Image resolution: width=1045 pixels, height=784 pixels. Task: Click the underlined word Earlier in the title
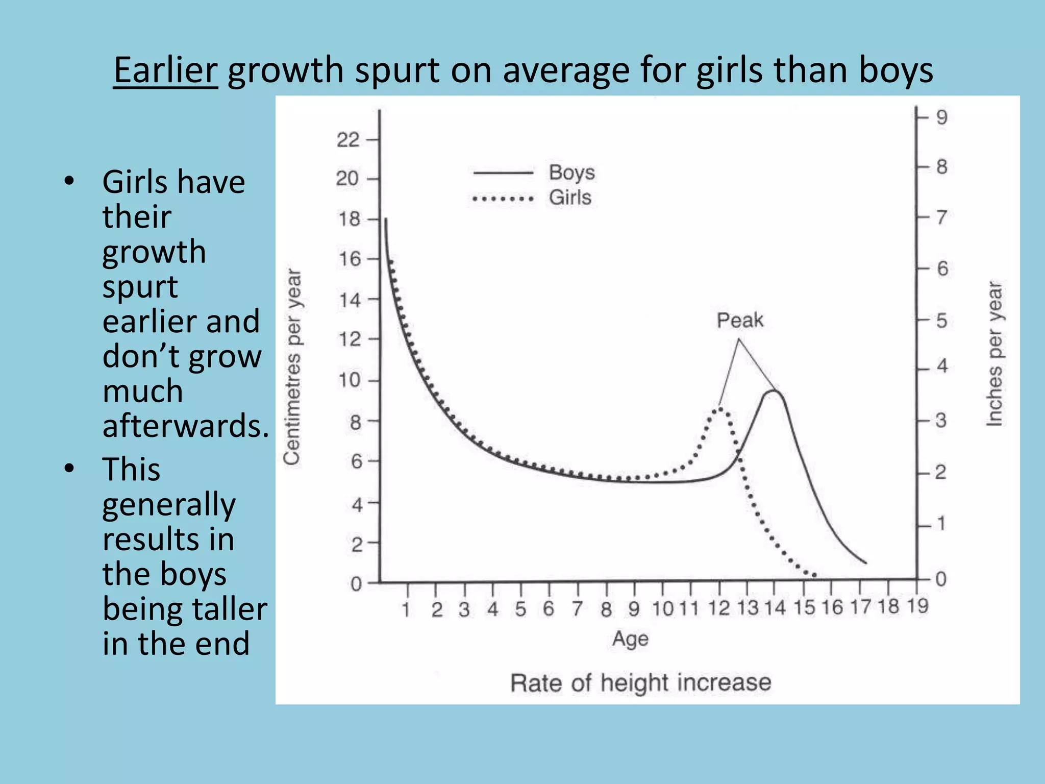click(165, 70)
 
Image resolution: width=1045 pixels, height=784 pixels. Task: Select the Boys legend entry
click(571, 173)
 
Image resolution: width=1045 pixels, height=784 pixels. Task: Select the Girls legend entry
click(570, 198)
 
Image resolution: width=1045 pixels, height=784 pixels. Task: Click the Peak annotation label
click(739, 321)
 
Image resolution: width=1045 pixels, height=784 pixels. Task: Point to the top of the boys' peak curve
click(774, 391)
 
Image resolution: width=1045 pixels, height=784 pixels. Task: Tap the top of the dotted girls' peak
click(720, 408)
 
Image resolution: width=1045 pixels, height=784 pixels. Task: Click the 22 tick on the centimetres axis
click(348, 140)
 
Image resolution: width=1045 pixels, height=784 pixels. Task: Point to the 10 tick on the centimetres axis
click(350, 380)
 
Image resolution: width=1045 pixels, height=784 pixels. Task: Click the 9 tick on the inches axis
click(941, 117)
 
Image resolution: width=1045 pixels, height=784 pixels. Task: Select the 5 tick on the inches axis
click(941, 321)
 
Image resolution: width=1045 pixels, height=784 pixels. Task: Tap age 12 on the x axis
click(719, 608)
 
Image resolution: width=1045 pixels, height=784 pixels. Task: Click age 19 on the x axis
click(917, 606)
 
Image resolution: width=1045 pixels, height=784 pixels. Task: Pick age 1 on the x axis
click(406, 609)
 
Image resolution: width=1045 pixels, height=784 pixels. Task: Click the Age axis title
click(630, 639)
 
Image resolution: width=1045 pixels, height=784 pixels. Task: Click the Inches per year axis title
click(994, 353)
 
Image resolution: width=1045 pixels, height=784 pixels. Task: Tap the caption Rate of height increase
click(640, 683)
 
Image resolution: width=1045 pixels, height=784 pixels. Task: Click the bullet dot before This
click(69, 469)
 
